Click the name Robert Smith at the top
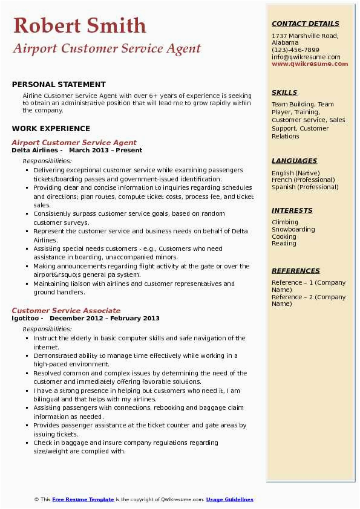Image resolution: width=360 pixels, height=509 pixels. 79,25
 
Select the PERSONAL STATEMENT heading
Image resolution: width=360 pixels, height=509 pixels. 59,85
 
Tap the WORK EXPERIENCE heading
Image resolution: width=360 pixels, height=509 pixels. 51,128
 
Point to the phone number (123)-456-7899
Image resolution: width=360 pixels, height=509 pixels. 295,50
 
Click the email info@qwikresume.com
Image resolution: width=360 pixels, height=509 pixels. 306,57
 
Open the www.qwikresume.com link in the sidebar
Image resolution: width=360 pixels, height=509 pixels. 310,64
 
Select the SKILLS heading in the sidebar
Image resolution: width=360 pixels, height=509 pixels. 284,92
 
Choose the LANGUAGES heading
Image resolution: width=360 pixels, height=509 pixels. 294,161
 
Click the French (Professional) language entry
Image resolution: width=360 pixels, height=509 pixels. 303,180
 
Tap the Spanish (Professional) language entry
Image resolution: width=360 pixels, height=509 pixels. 304,187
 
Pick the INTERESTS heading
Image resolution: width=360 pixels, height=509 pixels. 292,210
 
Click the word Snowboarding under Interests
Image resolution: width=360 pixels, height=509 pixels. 293,230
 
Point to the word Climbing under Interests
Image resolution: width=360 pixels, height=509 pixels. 284,222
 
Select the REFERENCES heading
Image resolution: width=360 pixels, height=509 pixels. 295,271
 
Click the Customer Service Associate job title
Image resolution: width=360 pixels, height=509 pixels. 66,311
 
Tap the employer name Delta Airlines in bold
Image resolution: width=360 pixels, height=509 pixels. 36,150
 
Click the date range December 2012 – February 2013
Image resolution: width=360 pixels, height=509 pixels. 105,318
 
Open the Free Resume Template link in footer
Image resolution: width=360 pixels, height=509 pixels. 83,499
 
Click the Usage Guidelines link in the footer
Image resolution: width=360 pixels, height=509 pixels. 229,499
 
